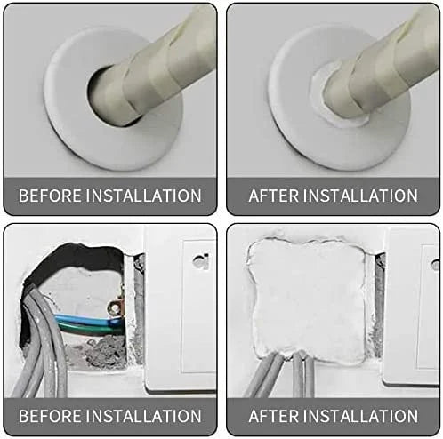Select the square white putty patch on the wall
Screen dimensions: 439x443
point(307,299)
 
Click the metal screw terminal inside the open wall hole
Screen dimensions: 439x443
point(114,308)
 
